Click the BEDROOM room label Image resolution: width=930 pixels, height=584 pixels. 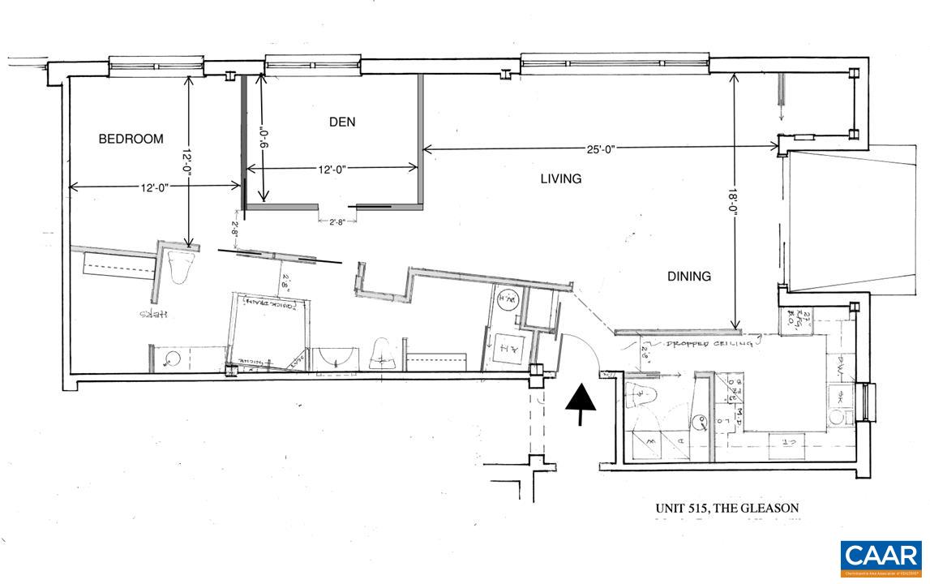pos(131,139)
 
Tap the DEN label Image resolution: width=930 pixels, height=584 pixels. pos(341,122)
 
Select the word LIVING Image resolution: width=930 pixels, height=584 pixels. pos(561,178)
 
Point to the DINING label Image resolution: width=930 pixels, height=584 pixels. pos(689,276)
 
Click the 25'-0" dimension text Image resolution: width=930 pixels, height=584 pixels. pos(601,148)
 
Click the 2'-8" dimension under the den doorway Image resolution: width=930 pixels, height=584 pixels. pos(336,221)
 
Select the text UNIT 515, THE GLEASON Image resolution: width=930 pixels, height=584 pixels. pos(726,509)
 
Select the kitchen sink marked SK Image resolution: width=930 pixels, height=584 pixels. pos(841,397)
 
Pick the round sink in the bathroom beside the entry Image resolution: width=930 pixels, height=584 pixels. pos(704,421)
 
